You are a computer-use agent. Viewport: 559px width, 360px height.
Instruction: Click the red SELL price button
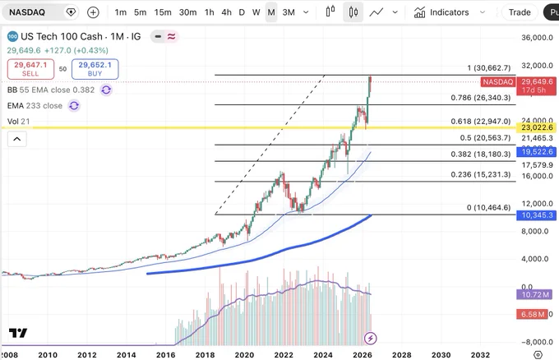coord(30,69)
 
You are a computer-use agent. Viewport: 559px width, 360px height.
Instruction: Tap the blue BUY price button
coord(95,69)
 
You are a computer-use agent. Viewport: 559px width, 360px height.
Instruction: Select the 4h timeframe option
coord(226,12)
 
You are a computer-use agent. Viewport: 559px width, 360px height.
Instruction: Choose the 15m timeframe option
coord(163,12)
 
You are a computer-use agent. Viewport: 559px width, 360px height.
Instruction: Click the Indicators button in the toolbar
coord(441,12)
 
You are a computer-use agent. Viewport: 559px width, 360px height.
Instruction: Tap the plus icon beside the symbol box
coord(93,12)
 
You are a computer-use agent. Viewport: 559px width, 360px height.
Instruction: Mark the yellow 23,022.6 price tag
coord(536,127)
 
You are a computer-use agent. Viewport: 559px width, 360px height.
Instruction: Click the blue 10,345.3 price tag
coord(536,215)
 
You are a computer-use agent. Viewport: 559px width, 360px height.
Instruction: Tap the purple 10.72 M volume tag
coord(534,295)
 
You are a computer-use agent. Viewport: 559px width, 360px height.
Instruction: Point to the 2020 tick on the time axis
coord(244,355)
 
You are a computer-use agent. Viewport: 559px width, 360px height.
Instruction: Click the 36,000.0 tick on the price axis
coord(537,38)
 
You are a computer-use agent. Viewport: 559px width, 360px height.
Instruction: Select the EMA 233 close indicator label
coord(35,106)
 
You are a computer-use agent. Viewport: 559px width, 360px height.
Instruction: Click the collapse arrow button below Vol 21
coord(17,139)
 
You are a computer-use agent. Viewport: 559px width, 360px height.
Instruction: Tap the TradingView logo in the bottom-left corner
coord(18,333)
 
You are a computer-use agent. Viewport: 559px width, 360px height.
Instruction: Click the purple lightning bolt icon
coord(371,339)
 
